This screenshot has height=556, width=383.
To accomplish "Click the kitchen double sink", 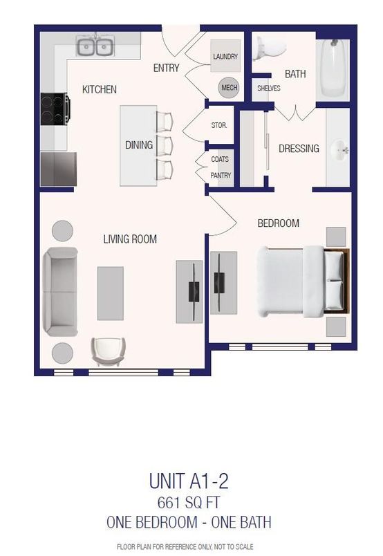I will click(x=95, y=47).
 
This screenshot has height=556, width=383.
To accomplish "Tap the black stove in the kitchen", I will click(x=55, y=108).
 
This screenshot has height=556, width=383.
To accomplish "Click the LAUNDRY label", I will click(x=225, y=57).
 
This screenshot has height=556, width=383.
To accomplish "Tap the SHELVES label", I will click(x=268, y=89).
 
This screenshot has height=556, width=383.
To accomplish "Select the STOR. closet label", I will click(x=219, y=126).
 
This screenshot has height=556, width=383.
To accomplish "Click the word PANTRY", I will click(x=221, y=176).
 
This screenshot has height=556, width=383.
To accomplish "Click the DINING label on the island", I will click(x=138, y=145).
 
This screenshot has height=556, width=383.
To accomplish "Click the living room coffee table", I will click(x=111, y=293).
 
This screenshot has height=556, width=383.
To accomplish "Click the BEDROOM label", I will click(x=278, y=223).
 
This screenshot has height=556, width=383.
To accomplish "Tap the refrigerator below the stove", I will click(x=54, y=168).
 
